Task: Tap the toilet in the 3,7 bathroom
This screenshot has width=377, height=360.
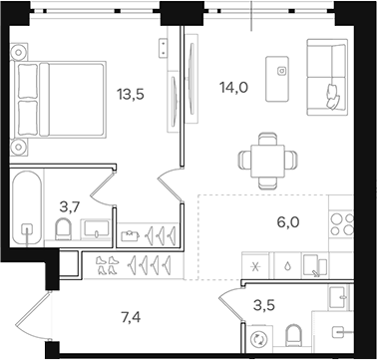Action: tap(65, 232)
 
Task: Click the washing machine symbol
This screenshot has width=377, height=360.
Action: tap(261, 337)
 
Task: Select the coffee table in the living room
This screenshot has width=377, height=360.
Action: tap(282, 72)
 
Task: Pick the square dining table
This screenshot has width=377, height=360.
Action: tap(267, 156)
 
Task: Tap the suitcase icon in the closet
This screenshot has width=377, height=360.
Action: tap(130, 235)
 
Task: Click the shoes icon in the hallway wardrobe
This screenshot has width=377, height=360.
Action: tap(107, 264)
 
